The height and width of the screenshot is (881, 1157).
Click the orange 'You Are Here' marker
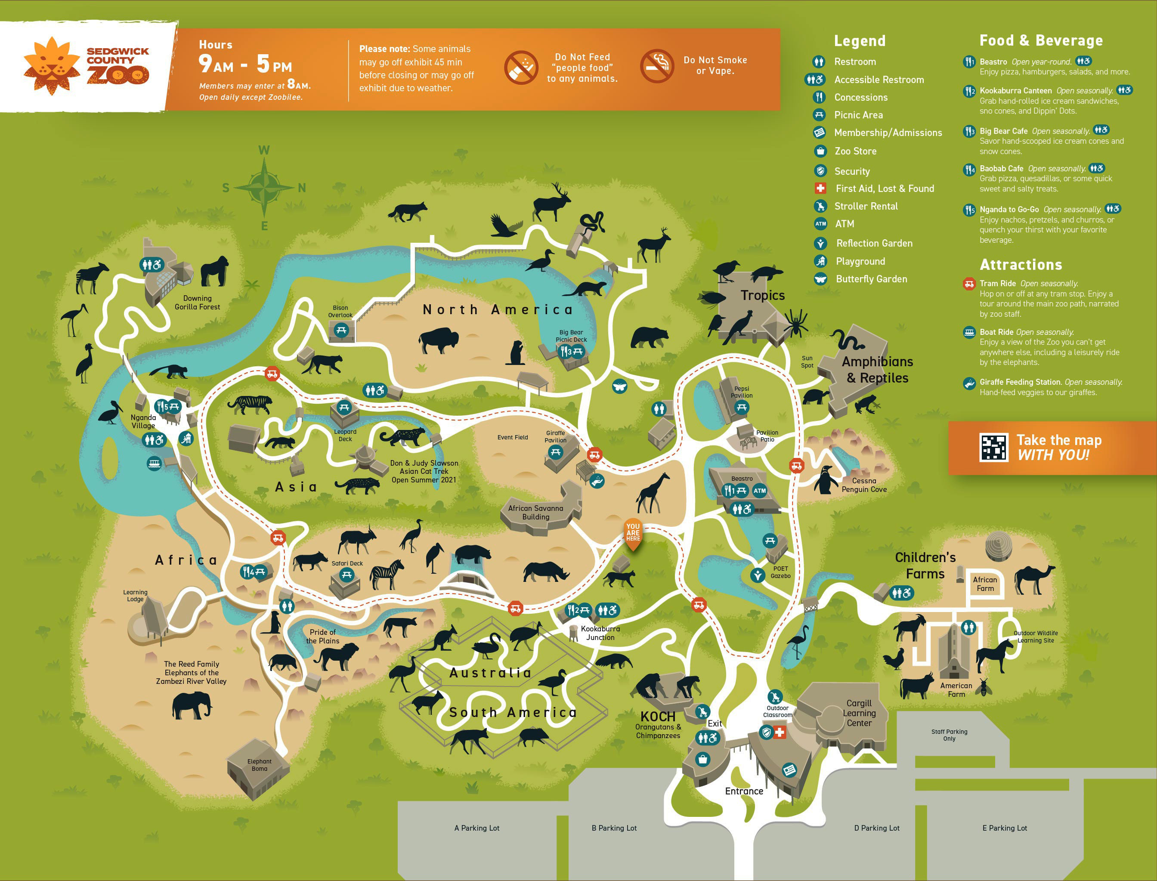click(633, 534)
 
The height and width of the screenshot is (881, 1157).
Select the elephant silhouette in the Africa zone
click(192, 704)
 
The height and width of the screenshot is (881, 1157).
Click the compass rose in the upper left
click(264, 187)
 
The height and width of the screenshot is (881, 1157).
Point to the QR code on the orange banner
click(993, 447)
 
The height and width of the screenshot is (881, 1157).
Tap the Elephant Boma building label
click(259, 765)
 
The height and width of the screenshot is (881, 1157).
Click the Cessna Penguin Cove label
click(864, 485)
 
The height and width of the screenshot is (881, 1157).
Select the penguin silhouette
click(826, 480)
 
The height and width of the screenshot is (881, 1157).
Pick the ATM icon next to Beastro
click(759, 491)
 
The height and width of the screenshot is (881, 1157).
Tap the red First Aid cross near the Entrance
click(780, 732)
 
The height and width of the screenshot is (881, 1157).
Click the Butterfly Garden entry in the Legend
click(871, 279)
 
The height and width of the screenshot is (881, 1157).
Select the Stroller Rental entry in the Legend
click(866, 206)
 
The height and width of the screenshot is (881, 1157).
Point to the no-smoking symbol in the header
click(657, 66)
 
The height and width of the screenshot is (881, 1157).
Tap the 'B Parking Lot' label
click(614, 828)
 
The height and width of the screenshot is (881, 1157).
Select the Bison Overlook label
click(340, 312)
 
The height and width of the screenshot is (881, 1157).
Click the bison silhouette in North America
click(438, 340)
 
